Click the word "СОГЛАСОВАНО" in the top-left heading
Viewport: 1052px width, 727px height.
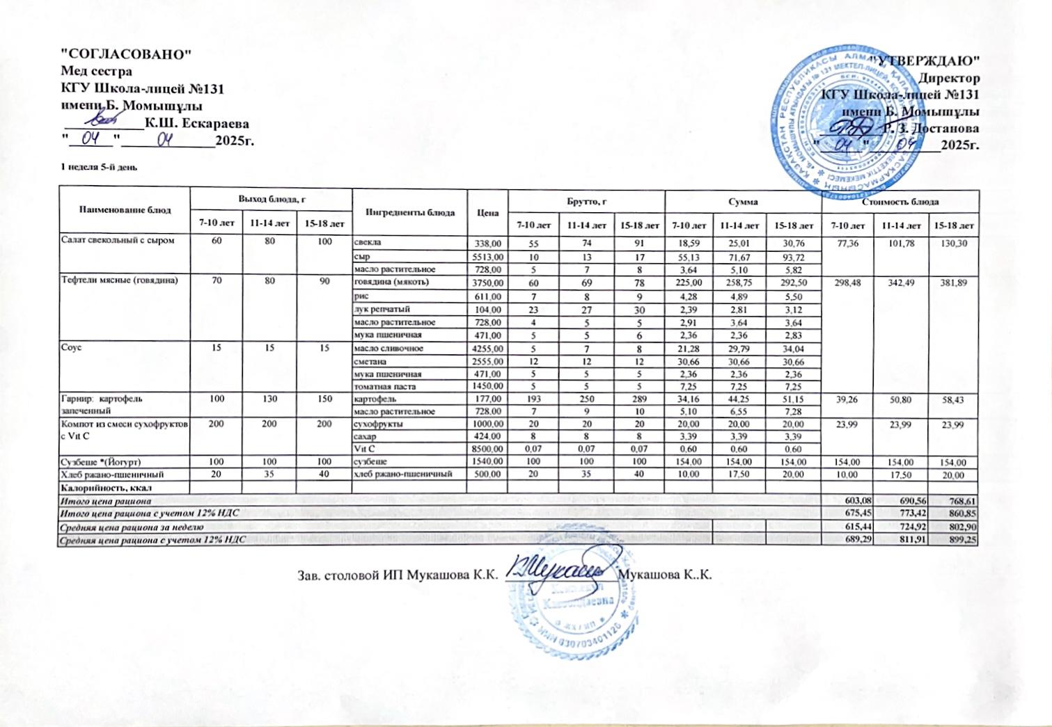[126, 54]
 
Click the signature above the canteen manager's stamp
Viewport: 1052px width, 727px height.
[557, 569]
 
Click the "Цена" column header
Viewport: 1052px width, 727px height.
[488, 212]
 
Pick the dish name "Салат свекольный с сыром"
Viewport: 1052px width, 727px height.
[116, 241]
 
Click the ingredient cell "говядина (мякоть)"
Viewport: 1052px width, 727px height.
[391, 282]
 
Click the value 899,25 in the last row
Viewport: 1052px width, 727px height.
[964, 540]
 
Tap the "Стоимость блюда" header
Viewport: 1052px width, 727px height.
[900, 202]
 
